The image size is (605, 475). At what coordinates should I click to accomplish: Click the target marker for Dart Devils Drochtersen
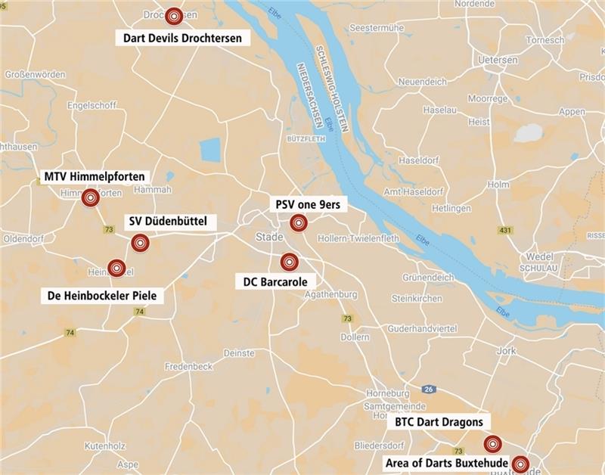tap(175, 15)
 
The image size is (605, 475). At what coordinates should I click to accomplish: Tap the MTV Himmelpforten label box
tap(94, 177)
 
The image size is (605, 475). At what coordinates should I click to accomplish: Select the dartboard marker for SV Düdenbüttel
tap(139, 243)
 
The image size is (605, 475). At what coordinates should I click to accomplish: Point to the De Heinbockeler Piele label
tap(101, 295)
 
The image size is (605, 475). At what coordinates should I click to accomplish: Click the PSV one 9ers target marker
tap(299, 222)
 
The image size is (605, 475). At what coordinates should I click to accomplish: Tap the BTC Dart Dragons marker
tap(492, 444)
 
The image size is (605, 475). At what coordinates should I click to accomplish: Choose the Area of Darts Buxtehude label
tap(448, 461)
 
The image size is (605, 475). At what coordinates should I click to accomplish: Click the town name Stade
tap(269, 237)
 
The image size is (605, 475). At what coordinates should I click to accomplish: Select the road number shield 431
tap(505, 229)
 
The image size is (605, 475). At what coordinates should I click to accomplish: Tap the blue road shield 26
tap(430, 390)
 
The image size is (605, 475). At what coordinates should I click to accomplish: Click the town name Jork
tap(505, 351)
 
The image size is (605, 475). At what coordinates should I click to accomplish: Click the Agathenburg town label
tap(329, 294)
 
